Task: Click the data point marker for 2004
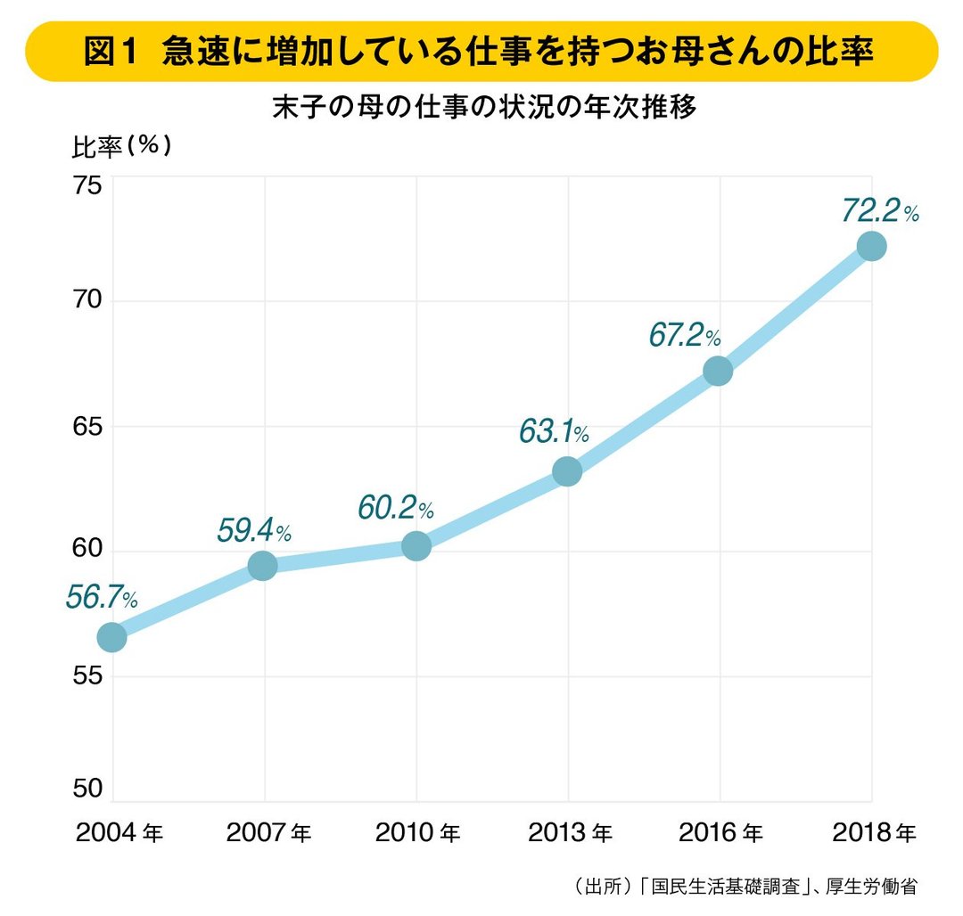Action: point(111,637)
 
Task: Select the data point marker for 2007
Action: point(263,565)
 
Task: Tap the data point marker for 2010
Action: point(416,545)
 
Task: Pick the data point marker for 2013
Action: point(567,471)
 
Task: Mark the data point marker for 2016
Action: point(718,371)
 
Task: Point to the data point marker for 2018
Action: point(870,246)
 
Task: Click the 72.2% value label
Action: point(879,212)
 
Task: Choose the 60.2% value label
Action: point(395,508)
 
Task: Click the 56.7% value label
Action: point(101,598)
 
